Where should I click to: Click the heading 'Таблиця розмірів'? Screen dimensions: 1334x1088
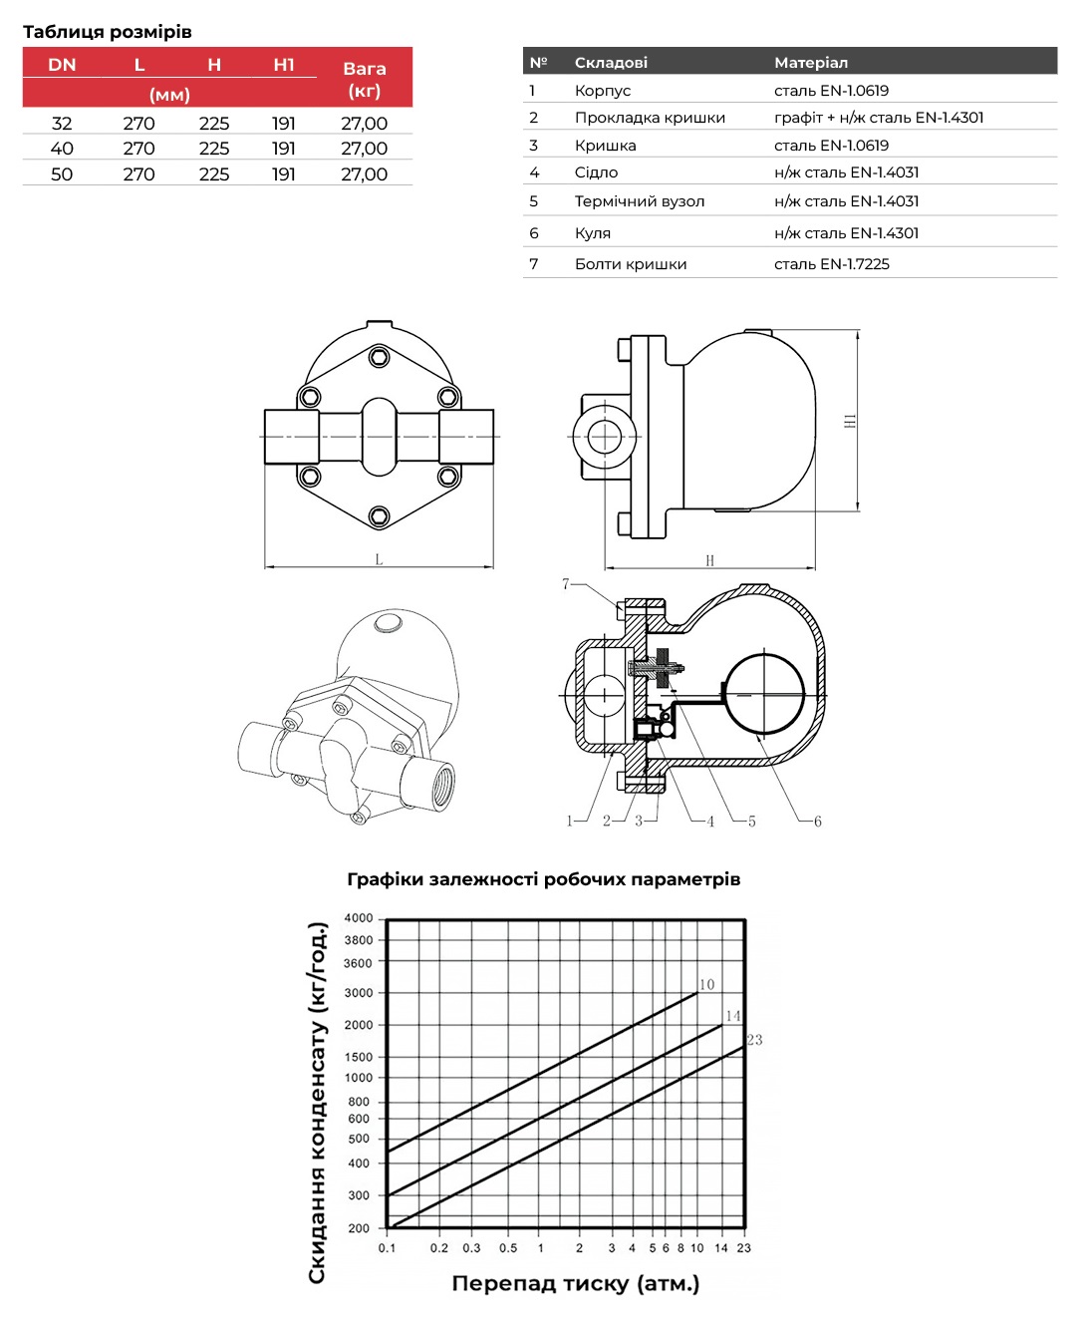108,31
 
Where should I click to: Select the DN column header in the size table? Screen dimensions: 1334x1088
62,65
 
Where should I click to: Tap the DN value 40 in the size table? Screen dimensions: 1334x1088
62,149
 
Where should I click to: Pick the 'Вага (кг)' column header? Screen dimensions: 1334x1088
364,79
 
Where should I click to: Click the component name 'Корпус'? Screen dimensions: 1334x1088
603,91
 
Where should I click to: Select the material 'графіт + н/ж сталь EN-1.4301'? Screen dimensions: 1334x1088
879,118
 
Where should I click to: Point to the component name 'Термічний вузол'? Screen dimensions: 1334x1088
640,201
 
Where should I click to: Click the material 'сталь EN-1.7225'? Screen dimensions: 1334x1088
832,264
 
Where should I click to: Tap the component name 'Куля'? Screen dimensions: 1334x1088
593,233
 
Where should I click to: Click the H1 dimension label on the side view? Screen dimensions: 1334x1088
850,422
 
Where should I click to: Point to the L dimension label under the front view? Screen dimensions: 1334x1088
379,560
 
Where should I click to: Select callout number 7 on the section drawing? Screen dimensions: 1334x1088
566,584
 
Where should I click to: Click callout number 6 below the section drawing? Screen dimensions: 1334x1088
818,822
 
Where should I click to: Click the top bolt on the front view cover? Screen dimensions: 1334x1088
379,357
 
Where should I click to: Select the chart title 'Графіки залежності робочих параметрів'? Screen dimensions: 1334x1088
544,879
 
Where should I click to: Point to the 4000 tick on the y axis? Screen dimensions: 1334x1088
359,918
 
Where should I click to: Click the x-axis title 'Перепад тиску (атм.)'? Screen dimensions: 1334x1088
576,1284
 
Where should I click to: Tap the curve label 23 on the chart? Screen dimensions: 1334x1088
755,1040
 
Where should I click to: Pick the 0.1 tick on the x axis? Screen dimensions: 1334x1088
387,1248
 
